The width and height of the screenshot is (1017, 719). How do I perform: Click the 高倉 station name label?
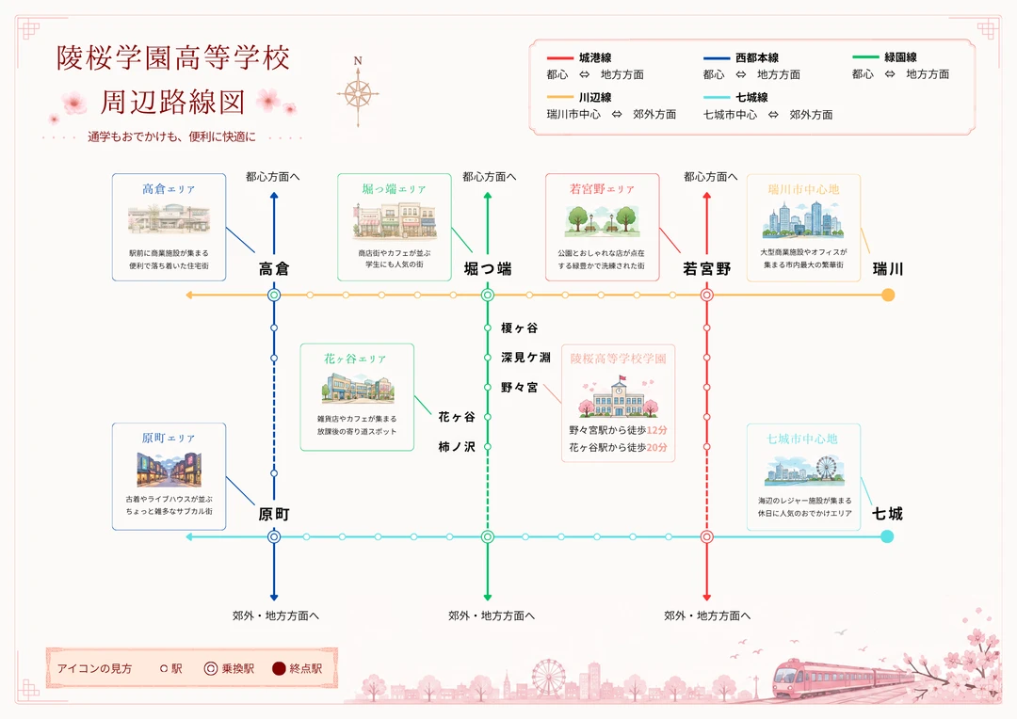274,269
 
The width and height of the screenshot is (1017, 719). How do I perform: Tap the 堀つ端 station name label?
488,269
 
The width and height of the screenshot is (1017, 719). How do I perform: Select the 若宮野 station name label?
707,269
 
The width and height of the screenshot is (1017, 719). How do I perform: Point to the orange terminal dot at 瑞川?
888,295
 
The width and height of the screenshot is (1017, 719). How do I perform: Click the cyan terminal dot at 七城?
887,536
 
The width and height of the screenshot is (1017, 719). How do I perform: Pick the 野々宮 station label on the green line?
519,388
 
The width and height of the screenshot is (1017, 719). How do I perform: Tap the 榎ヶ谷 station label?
519,328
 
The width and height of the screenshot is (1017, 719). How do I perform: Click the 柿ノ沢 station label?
457,447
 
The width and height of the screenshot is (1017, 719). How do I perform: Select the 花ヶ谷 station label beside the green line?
457,417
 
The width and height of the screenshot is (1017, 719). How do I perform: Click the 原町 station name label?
274,514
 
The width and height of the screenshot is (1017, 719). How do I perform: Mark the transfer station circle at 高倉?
274,295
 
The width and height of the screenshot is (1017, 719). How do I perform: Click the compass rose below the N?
358,95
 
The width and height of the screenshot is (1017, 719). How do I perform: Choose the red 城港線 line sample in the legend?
559,58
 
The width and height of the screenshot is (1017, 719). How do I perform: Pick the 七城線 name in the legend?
751,97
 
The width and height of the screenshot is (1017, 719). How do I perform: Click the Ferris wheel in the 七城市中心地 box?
827,469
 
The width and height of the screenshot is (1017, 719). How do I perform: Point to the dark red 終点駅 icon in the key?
279,668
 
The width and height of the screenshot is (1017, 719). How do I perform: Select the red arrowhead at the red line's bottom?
707,597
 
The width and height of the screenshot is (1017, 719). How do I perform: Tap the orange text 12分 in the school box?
657,430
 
